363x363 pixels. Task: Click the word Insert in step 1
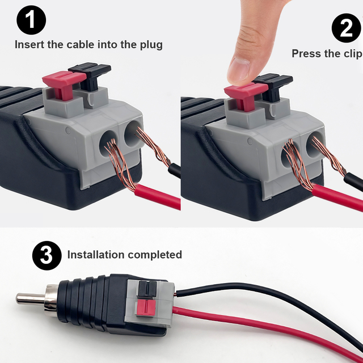(x=29, y=44)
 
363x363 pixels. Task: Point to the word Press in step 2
(x=306, y=54)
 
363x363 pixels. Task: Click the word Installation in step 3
(x=96, y=255)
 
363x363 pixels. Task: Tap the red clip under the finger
(x=241, y=94)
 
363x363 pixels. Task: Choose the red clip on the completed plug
(x=146, y=309)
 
